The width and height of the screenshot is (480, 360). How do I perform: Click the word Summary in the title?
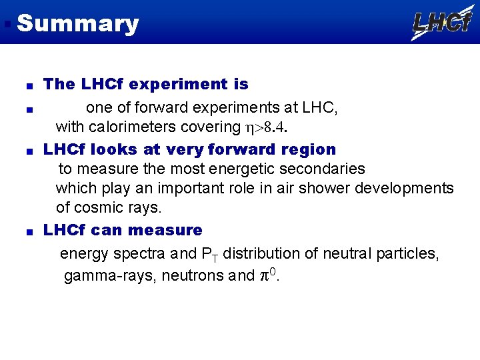(x=78, y=23)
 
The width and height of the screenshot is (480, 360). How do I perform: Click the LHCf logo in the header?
(x=442, y=23)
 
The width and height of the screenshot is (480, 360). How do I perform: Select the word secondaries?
(x=323, y=169)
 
